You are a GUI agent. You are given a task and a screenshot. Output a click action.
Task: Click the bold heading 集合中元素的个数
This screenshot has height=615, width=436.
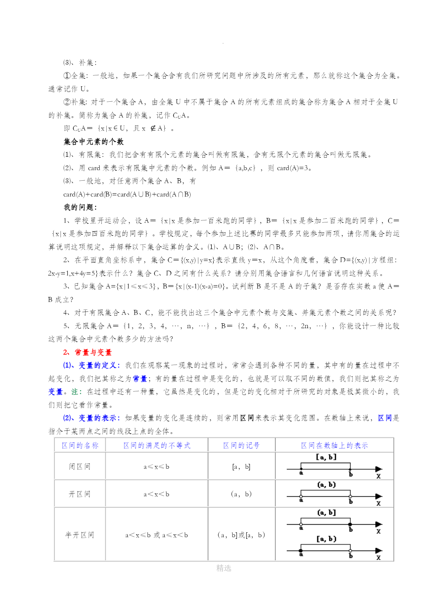point(94,142)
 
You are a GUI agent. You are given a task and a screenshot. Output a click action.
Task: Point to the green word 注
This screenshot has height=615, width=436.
point(75,392)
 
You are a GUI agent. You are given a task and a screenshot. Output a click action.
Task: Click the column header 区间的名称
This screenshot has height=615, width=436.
point(80,446)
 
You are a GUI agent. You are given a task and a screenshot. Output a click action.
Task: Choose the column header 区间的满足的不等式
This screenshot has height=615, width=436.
point(157,446)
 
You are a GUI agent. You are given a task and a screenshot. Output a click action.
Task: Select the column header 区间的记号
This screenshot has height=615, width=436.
point(241,446)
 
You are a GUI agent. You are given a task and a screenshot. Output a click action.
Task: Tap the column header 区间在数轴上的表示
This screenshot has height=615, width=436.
point(334,446)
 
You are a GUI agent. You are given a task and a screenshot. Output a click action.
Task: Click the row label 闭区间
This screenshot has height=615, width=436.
point(79,467)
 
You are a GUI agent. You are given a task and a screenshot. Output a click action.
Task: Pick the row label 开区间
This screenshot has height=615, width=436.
point(79,494)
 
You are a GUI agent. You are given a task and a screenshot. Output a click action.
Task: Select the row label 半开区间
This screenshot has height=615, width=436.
point(79,535)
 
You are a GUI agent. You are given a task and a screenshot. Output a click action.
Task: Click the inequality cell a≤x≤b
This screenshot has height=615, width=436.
point(157,467)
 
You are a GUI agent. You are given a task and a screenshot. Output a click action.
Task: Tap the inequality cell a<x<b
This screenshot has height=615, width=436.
point(157,494)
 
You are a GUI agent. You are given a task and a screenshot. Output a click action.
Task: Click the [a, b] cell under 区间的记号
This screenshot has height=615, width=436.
point(241,467)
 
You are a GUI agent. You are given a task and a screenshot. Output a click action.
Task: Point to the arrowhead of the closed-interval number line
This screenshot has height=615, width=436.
point(378,469)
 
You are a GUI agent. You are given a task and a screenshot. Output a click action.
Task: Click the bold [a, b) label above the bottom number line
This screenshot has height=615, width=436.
point(326,539)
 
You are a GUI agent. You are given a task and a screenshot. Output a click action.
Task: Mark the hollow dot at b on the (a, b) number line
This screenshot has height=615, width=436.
point(350,496)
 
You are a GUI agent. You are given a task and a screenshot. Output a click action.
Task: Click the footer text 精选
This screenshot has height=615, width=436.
point(223,568)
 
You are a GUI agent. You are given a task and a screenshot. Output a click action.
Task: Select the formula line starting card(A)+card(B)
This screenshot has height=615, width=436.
point(127,194)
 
